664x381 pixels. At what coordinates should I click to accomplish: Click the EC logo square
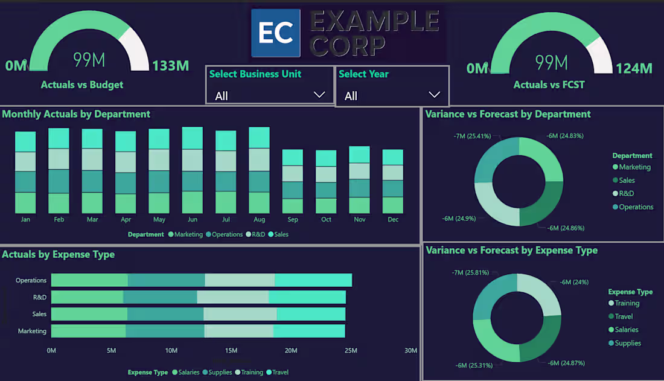pos(276,33)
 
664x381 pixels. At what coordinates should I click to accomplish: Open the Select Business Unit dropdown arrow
pos(319,95)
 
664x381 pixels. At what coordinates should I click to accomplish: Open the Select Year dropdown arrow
pos(434,95)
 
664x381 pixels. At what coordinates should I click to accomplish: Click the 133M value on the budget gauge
pos(171,66)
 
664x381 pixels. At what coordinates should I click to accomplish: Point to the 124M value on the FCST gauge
pos(634,68)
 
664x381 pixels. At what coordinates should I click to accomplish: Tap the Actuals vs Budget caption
pos(81,85)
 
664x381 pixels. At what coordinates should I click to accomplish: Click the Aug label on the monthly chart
pos(259,219)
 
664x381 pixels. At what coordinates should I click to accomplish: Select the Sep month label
pos(293,219)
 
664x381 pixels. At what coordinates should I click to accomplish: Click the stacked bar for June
pos(193,170)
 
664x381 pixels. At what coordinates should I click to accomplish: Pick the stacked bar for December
pos(392,181)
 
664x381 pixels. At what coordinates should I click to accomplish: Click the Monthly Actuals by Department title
pos(77,114)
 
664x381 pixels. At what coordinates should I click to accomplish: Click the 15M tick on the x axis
pos(231,351)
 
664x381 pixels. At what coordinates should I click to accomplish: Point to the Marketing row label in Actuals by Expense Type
pos(32,331)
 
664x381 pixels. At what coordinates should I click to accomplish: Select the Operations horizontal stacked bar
pos(201,280)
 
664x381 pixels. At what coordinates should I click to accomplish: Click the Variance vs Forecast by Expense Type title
pos(511,251)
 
